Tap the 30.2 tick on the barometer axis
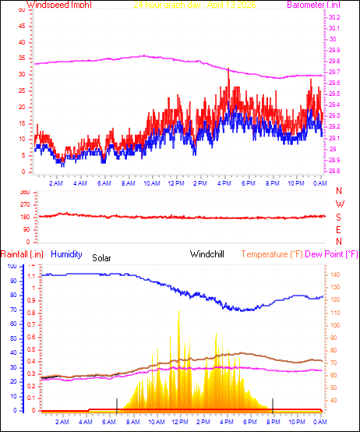tap(334, 17)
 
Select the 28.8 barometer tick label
tap(334, 171)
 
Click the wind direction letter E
tap(338, 230)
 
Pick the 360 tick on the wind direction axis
tap(24, 192)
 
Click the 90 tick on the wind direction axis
tap(25, 229)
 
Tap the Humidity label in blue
tap(68, 254)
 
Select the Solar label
tap(102, 257)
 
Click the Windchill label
tap(208, 254)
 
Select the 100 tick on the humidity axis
tap(12, 266)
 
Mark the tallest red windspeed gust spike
tap(228, 69)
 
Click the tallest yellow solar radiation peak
tap(179, 312)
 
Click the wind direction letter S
tap(338, 217)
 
